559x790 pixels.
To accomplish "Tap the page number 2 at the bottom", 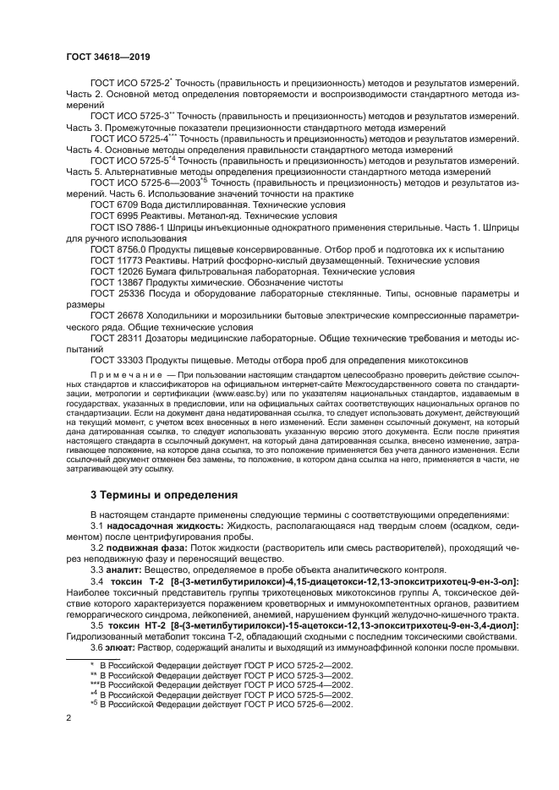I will point(68,718).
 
